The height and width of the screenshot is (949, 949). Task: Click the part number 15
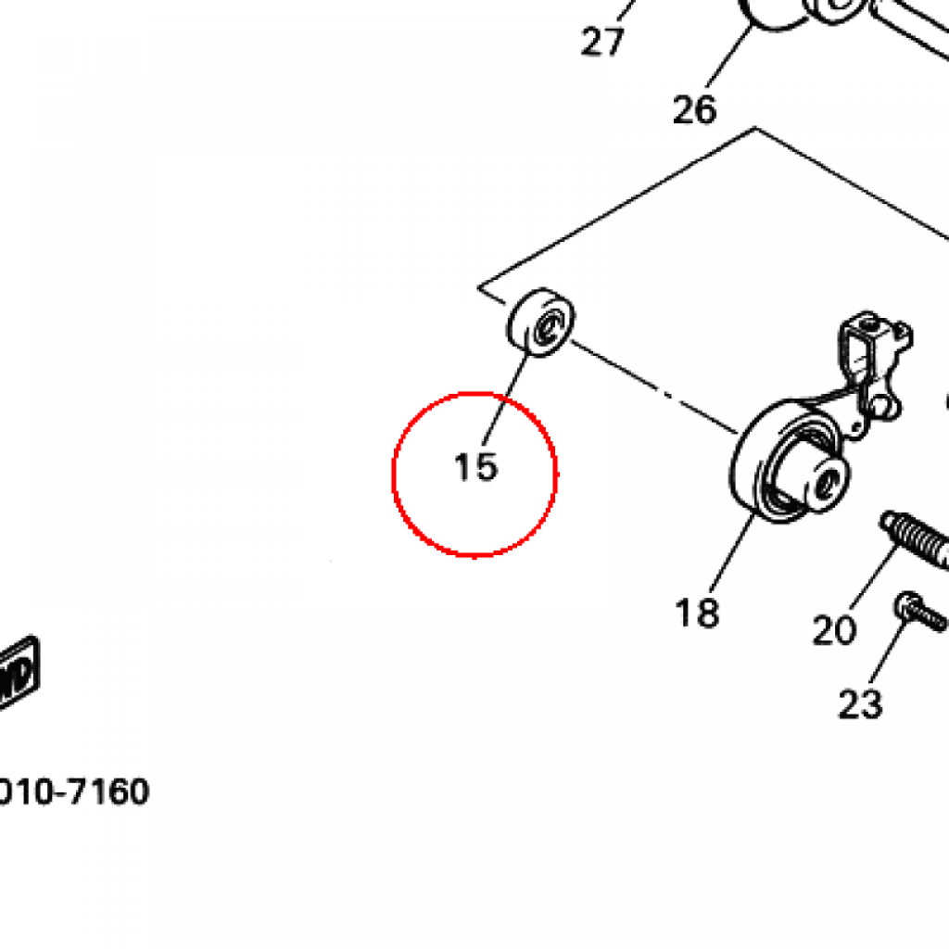click(476, 467)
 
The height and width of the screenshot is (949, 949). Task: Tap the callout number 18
click(697, 612)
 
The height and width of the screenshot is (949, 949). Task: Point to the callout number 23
click(859, 704)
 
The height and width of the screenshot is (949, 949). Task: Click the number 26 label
click(695, 110)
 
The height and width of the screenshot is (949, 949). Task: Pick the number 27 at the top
click(603, 41)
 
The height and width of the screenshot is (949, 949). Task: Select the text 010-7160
click(74, 792)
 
